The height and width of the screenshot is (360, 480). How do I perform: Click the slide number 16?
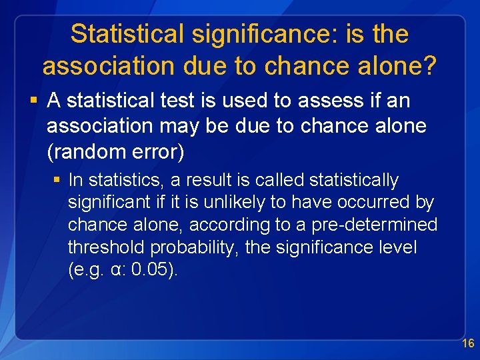pyautogui.click(x=468, y=344)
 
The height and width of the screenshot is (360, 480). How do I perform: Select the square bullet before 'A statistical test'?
pyautogui.click(x=33, y=101)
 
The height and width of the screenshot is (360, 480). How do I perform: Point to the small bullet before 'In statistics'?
pyautogui.click(x=58, y=181)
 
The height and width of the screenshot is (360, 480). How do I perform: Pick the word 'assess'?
pyautogui.click(x=331, y=101)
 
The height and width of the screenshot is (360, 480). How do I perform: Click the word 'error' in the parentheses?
pyautogui.click(x=159, y=151)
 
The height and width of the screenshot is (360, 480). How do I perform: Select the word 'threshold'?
pyautogui.click(x=106, y=248)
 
